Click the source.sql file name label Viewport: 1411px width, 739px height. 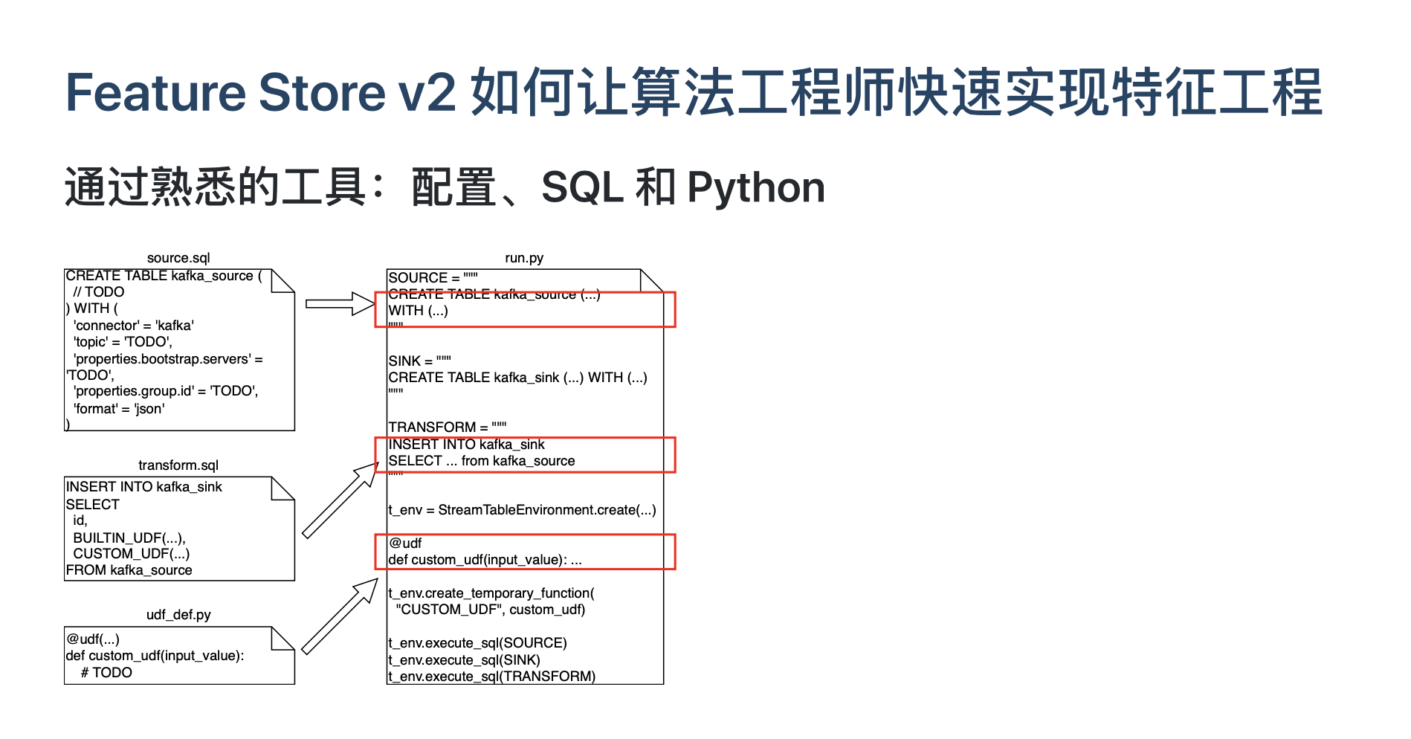(178, 258)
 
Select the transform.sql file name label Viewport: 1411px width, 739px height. (178, 465)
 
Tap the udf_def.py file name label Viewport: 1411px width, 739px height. (178, 615)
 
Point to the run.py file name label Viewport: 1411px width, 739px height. (524, 258)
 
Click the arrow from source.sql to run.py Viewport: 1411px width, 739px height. (340, 303)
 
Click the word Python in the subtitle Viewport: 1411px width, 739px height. (756, 187)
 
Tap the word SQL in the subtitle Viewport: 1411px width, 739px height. (582, 187)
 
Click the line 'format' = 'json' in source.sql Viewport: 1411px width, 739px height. (119, 408)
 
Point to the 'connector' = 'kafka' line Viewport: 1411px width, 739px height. (134, 326)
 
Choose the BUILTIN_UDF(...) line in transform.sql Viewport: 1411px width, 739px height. (129, 538)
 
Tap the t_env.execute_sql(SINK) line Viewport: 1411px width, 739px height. (464, 660)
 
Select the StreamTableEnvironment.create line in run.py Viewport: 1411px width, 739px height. (522, 510)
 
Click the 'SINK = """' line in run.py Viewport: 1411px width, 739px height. (420, 361)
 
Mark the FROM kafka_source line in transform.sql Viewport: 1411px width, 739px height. (129, 570)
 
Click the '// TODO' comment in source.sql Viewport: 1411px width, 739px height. (99, 292)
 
